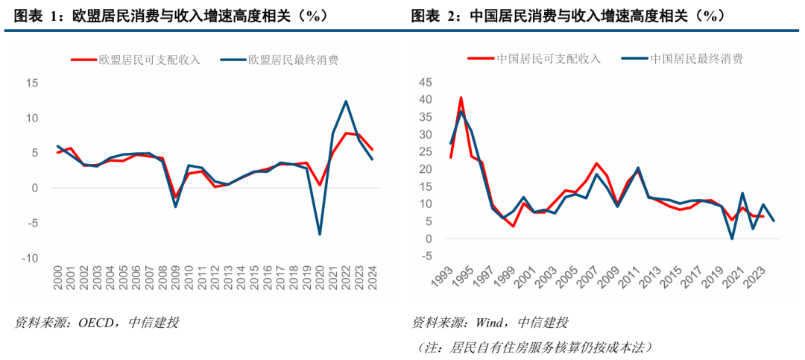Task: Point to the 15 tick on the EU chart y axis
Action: coord(33,83)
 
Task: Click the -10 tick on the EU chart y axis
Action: coord(31,258)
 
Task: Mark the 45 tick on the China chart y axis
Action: coord(425,82)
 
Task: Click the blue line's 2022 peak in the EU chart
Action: coord(346,101)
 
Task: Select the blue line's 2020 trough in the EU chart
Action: coord(320,234)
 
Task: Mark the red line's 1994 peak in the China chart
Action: coord(461,98)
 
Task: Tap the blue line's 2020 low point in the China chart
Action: coord(732,239)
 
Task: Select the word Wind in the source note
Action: coord(488,323)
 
